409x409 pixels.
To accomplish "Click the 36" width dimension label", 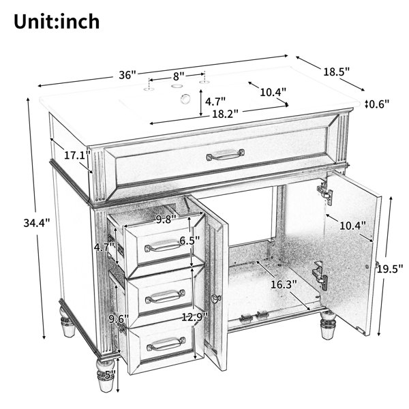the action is [128, 75].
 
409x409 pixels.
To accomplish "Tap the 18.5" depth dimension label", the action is [336, 72].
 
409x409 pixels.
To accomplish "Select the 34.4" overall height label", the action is [37, 223].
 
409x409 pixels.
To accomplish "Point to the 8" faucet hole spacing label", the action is [179, 76].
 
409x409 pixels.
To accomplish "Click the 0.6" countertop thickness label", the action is [379, 104].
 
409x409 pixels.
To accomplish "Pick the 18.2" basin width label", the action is [225, 114].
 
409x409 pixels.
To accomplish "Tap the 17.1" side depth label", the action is [77, 155].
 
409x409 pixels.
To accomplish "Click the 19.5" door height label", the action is [390, 269].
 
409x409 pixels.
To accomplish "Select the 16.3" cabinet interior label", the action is [284, 284].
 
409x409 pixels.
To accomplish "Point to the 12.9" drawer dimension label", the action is [194, 317].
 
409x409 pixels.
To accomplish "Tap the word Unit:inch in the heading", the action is [57, 21].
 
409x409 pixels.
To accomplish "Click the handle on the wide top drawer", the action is [226, 155].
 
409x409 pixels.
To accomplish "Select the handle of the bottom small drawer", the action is [166, 344].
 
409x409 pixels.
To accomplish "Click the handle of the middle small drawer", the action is [165, 297].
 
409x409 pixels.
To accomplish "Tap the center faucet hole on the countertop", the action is [177, 86].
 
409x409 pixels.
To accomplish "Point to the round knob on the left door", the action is [216, 298].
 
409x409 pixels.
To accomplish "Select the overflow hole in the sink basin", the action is [185, 98].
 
